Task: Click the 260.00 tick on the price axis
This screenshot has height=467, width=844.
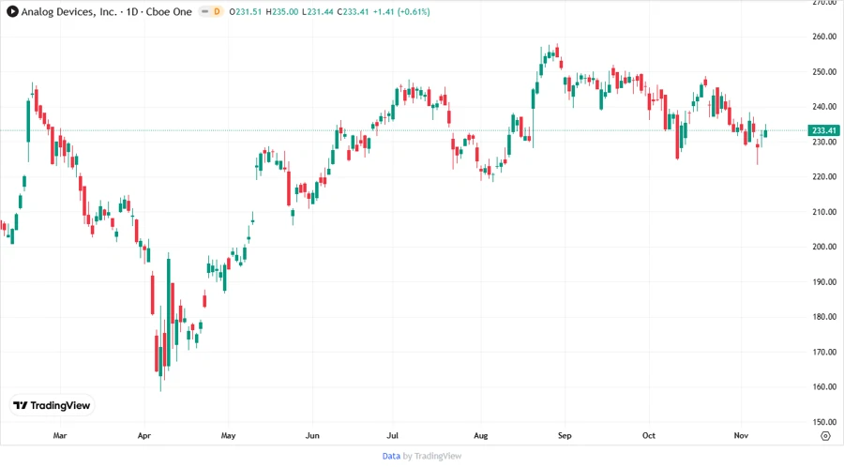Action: tap(824, 37)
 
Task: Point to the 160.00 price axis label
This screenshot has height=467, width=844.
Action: tap(824, 386)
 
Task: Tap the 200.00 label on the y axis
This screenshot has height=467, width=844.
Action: tap(824, 247)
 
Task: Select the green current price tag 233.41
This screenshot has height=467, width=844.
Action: tap(824, 131)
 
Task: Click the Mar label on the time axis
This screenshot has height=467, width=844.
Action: tap(60, 435)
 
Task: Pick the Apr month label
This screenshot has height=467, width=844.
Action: tap(143, 435)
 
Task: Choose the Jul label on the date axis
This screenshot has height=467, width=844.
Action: tap(394, 435)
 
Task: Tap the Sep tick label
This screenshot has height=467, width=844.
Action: tap(565, 435)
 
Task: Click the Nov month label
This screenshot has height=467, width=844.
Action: tap(741, 435)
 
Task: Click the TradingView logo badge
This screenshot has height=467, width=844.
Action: tap(53, 405)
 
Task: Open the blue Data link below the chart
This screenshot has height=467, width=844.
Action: tap(391, 456)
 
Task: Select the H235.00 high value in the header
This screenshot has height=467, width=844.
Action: tap(279, 11)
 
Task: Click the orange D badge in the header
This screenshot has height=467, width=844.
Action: tap(217, 11)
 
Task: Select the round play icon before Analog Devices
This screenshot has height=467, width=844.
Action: tap(12, 11)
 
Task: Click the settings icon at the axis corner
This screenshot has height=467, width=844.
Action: tap(824, 435)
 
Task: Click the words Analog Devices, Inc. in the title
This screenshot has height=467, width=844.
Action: tap(71, 11)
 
